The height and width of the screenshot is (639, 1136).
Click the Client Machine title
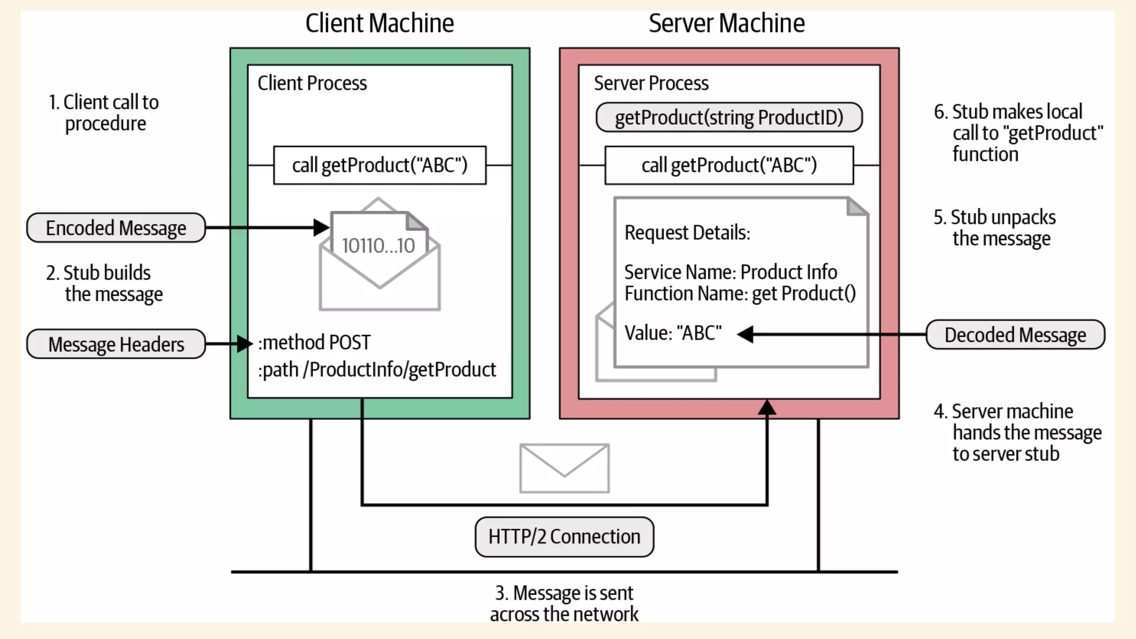tap(379, 24)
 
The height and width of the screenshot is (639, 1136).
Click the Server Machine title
tap(726, 24)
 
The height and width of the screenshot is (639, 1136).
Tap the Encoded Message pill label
tap(116, 228)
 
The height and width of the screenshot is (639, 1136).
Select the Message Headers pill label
tap(116, 344)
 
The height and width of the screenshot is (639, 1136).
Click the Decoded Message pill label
tap(1015, 335)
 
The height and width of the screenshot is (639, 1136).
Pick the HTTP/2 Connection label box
tap(564, 537)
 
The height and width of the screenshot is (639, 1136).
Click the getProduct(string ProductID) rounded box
tap(729, 118)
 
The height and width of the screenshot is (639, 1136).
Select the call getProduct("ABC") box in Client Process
tap(379, 165)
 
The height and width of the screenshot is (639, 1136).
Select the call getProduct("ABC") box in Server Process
tap(729, 165)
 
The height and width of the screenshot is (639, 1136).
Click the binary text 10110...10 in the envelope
tap(378, 246)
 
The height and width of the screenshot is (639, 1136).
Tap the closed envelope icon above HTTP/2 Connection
tap(564, 468)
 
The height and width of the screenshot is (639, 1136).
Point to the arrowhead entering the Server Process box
tap(767, 408)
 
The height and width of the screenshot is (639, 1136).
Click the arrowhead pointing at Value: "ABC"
tap(745, 334)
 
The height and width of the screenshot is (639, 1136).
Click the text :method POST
tap(314, 343)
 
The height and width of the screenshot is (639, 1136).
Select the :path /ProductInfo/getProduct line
tap(377, 370)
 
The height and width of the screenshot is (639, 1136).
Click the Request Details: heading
tap(687, 233)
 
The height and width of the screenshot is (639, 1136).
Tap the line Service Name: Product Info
tap(731, 272)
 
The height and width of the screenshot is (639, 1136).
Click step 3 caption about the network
tap(564, 603)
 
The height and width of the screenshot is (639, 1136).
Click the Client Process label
tap(312, 83)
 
